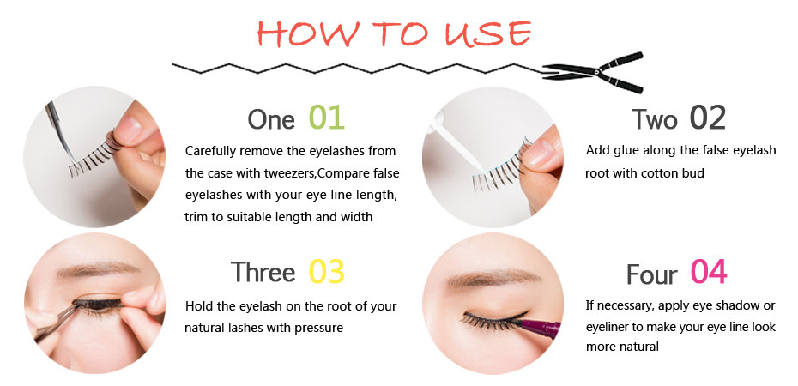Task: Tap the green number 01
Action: [x=327, y=118]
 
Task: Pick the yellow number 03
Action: [x=326, y=272]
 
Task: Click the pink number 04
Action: [x=708, y=272]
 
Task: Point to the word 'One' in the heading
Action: [x=270, y=119]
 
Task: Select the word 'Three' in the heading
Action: [x=263, y=273]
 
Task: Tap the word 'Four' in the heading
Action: [x=651, y=274]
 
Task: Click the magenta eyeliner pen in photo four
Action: [x=541, y=327]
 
